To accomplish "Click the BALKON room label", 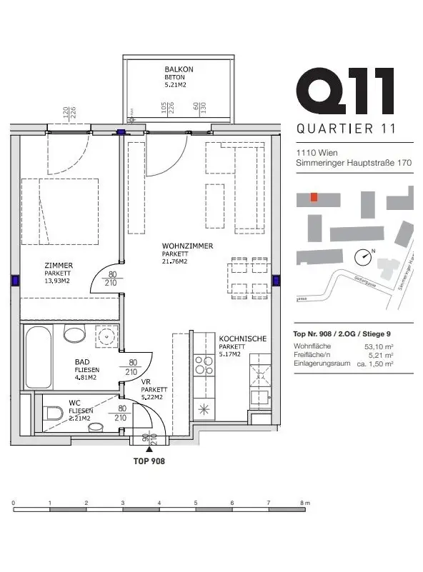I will pyautogui.click(x=179, y=69).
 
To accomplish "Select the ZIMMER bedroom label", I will pyautogui.click(x=57, y=265).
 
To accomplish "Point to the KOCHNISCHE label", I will pyautogui.click(x=242, y=339).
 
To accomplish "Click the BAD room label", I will pyautogui.click(x=82, y=361).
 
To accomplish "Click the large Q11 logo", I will pyautogui.click(x=345, y=91).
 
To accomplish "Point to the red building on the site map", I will pyautogui.click(x=314, y=197).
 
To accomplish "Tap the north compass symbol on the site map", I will pyautogui.click(x=366, y=255).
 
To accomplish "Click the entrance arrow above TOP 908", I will pyautogui.click(x=149, y=449).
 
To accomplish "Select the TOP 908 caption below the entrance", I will pyautogui.click(x=149, y=461).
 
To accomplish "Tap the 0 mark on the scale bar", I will pyautogui.click(x=14, y=503).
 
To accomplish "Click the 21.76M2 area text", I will pyautogui.click(x=174, y=261).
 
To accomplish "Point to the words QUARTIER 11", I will pyautogui.click(x=345, y=129).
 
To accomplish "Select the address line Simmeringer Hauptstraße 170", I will pyautogui.click(x=354, y=164).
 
